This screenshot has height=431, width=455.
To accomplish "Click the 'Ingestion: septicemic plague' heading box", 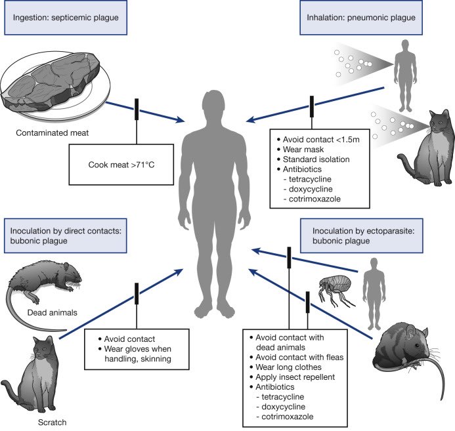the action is (x=66, y=18).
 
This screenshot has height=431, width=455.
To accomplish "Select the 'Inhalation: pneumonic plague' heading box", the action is (x=361, y=18).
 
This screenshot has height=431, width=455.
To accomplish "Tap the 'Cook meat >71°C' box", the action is (x=121, y=165).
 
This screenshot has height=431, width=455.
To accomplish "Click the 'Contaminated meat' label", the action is (x=53, y=133).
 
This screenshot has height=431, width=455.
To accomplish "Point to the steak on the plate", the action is (x=51, y=82).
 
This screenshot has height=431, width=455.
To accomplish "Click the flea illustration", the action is (x=336, y=291).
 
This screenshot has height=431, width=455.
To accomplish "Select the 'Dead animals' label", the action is (x=53, y=312).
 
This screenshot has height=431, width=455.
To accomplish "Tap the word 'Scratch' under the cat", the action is (x=53, y=422).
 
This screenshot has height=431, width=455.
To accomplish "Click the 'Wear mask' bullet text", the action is (x=303, y=150).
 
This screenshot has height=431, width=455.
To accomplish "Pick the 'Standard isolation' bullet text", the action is (x=316, y=159).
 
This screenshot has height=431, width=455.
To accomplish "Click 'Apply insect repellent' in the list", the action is (x=295, y=377).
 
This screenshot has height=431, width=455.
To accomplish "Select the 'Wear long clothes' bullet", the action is (x=288, y=367).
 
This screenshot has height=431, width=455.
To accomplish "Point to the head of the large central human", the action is (x=213, y=104).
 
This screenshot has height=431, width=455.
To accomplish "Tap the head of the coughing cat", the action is (x=440, y=121).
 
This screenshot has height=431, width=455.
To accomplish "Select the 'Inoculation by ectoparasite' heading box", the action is (x=362, y=236).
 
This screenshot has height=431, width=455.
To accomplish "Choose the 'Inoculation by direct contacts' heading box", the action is (x=66, y=236).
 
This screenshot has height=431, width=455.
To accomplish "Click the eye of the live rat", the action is (x=417, y=345).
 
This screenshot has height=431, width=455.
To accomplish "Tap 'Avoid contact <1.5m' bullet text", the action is (x=321, y=140).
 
